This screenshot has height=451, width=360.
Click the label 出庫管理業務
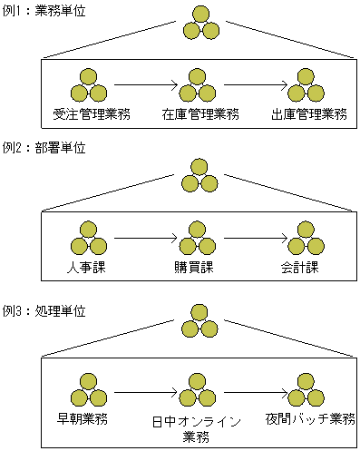[309, 114]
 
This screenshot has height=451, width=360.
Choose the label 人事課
[88, 269]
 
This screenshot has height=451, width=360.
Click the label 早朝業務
[88, 419]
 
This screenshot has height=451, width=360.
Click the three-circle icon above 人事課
[88, 238]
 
